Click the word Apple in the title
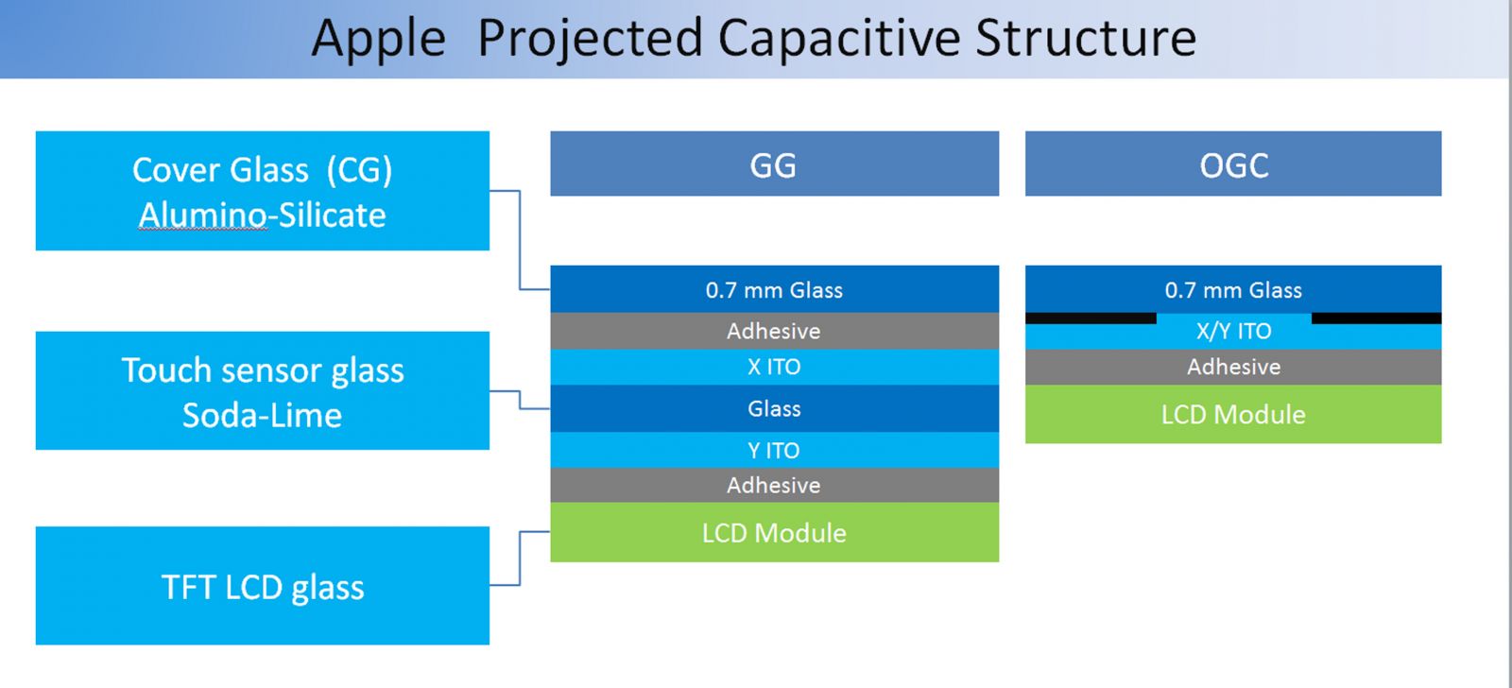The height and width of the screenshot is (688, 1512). [378, 40]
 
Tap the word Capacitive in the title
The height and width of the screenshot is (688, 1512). [840, 40]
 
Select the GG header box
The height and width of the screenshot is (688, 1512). [774, 164]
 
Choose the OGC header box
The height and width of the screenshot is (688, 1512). [1232, 164]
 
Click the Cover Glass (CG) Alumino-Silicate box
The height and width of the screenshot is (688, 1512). [262, 191]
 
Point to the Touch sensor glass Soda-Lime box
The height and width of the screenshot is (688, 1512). [262, 390]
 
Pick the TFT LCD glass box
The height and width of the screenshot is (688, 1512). [262, 586]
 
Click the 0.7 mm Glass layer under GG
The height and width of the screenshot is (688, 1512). [774, 289]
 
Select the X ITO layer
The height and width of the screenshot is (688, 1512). [774, 367]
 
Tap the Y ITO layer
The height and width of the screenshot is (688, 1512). [774, 450]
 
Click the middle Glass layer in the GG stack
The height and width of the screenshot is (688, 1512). [774, 408]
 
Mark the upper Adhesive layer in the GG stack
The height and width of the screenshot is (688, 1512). [774, 331]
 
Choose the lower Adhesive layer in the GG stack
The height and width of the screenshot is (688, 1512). [774, 485]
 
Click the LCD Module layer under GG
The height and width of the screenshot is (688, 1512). [774, 532]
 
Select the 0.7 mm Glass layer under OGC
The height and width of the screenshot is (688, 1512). [1232, 289]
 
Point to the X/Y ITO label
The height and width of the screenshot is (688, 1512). [1233, 332]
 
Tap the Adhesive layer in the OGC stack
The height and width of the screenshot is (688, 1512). [1232, 367]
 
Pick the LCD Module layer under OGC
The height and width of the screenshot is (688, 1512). [1232, 414]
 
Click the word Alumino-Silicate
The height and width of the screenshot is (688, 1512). [262, 215]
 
